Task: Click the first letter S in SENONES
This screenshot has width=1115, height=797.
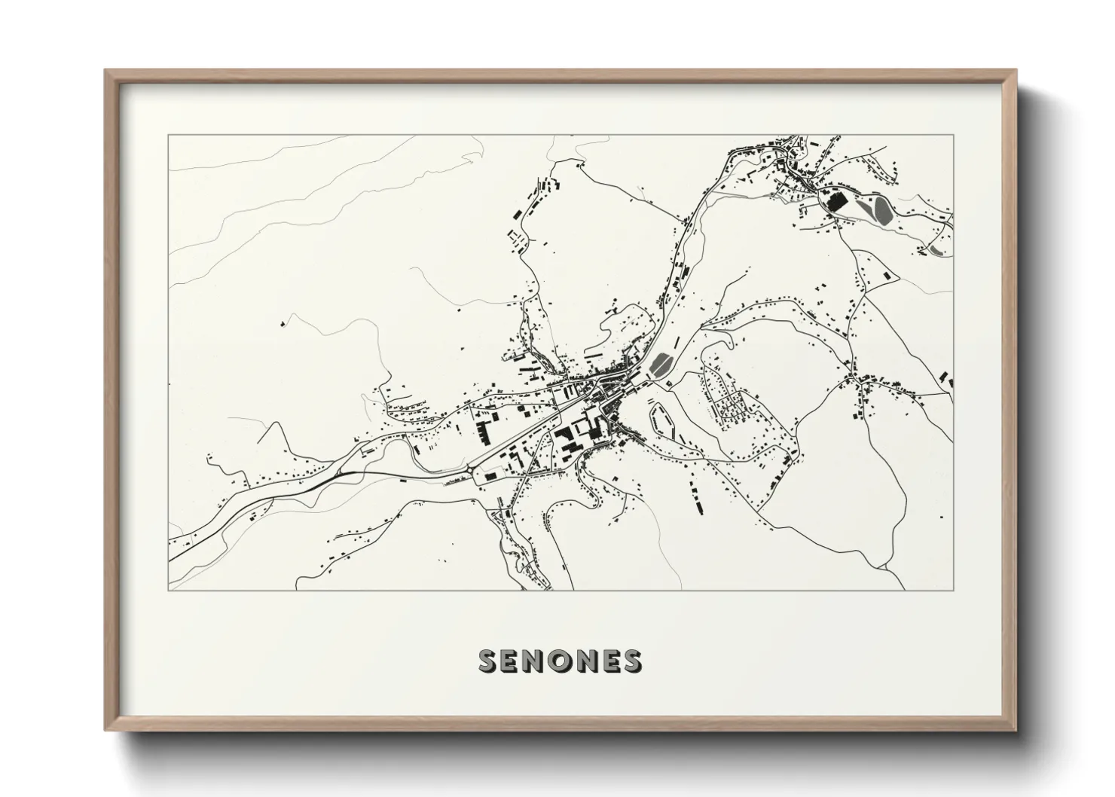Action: (x=490, y=660)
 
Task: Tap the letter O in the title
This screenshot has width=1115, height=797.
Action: (x=560, y=660)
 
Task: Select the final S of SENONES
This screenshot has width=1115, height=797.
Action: (x=632, y=660)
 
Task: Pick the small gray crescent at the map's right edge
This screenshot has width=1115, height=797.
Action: (x=936, y=249)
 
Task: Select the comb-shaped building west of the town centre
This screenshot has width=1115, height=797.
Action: (x=481, y=432)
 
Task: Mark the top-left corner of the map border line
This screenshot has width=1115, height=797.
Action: (x=168, y=135)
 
